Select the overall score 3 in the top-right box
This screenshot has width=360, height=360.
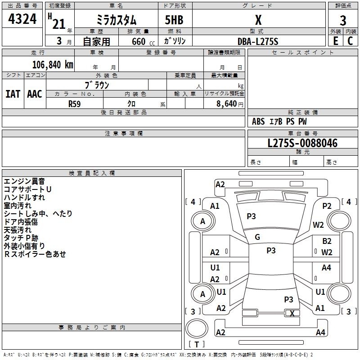pos(343,20)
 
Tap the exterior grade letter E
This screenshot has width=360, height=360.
pos(335,41)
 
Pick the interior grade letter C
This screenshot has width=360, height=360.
pos(350,41)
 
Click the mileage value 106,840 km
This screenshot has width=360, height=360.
pos(53,64)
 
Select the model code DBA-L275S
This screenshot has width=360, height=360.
pos(258,41)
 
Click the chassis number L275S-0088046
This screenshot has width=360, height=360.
pos(302,144)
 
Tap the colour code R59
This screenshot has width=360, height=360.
pos(74,103)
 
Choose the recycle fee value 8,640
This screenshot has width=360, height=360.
pos(230,103)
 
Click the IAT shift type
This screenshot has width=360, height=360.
pos(13,94)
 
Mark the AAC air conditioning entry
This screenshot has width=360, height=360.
pos(34,94)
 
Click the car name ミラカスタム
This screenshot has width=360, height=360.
pos(117,20)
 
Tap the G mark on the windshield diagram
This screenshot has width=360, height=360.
pos(257,237)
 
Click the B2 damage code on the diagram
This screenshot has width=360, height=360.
pos(327,241)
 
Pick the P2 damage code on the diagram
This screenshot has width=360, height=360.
pos(327,206)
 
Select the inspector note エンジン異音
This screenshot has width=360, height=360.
pos(24,181)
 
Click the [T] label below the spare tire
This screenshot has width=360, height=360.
pos(197,344)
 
